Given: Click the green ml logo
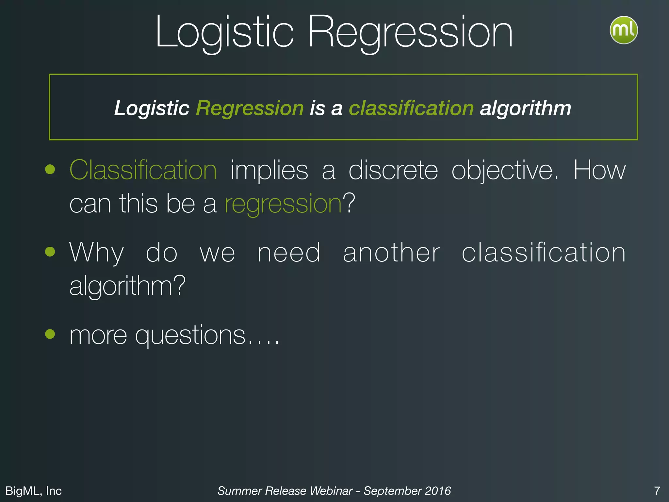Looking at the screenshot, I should point(624,30).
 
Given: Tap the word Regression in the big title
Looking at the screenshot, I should point(410,33).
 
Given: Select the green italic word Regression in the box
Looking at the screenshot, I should point(250,108).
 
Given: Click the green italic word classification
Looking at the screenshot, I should point(411,108).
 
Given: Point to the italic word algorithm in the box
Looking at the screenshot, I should point(525,108).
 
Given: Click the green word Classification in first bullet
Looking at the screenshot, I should point(143,170).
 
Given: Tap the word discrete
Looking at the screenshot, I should point(393,170).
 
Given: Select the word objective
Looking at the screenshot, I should point(505,170).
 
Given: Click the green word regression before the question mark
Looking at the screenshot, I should point(283,204).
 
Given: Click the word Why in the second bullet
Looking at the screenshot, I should point(97,253).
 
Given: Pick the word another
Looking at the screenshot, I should point(391,253).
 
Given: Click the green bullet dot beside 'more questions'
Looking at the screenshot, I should point(50,334).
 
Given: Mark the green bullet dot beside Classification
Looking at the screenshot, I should point(50,169).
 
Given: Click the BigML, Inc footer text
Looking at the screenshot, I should point(34,491).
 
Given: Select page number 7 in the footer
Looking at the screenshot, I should point(657,491).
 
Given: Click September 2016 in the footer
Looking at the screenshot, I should point(407,491).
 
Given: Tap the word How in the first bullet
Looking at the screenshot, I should point(600,170).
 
